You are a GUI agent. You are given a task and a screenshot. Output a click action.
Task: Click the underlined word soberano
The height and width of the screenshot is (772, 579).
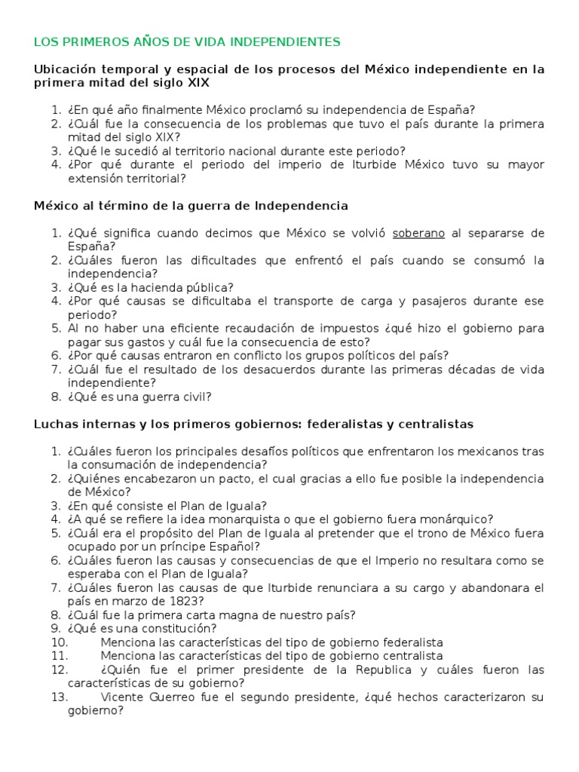pos(418,233)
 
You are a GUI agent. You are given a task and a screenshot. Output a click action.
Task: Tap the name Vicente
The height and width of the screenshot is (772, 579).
pos(121,697)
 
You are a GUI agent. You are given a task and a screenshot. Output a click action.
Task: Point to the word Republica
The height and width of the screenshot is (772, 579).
pos(372,669)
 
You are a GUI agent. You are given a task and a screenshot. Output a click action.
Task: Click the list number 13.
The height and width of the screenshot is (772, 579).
pos(60,697)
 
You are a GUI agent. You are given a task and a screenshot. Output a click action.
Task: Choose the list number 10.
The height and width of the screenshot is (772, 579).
pos(60,642)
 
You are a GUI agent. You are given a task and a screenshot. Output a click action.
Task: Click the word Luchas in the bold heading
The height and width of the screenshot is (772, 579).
pos(54,424)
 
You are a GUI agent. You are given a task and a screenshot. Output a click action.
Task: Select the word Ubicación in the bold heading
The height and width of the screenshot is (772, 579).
pos(66,69)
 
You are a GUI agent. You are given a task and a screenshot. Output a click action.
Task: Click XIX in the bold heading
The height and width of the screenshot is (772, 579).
pos(198,83)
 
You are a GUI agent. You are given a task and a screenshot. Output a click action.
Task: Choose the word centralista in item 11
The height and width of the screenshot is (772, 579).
pos(409,656)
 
